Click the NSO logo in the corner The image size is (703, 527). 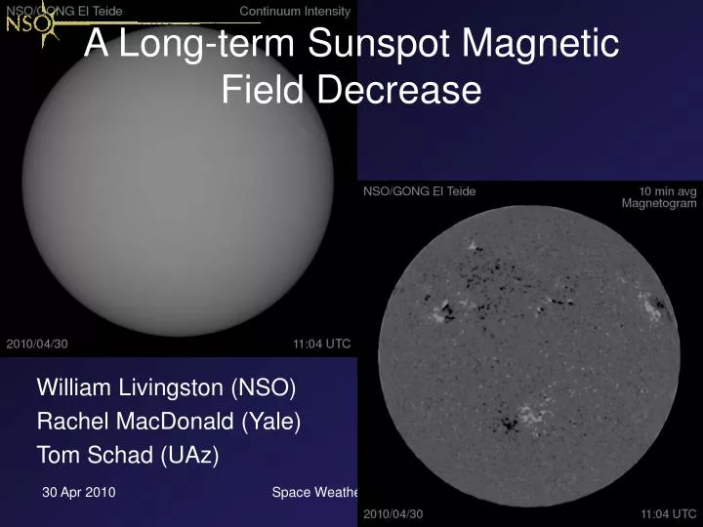point(27,26)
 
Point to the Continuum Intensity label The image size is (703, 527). point(295,11)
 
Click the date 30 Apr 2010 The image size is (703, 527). point(79,493)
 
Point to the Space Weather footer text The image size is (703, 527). point(315,493)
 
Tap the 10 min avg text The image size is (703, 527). point(668,191)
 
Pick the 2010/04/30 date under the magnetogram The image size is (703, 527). point(393,513)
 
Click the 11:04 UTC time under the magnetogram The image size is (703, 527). point(669,513)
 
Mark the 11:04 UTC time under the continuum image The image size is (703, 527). point(321,344)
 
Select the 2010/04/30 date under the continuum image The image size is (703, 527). point(37,344)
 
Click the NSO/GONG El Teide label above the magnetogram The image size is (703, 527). point(420,191)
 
